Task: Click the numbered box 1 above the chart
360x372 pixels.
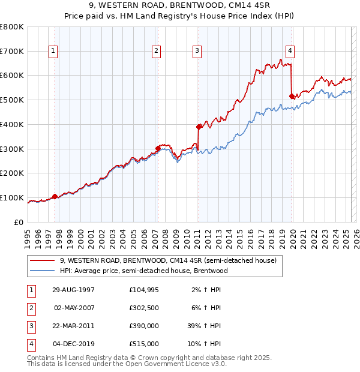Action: click(x=53, y=52)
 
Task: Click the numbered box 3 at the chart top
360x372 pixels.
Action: click(x=197, y=52)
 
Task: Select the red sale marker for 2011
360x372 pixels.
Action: click(x=199, y=127)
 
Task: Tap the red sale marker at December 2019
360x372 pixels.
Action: click(x=292, y=96)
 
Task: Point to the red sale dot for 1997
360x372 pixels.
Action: click(x=55, y=196)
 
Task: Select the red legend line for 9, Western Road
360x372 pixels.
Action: click(x=42, y=261)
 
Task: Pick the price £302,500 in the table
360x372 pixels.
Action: click(x=144, y=308)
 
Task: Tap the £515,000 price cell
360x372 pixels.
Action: click(x=144, y=344)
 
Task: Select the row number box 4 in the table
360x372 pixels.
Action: click(x=29, y=344)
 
